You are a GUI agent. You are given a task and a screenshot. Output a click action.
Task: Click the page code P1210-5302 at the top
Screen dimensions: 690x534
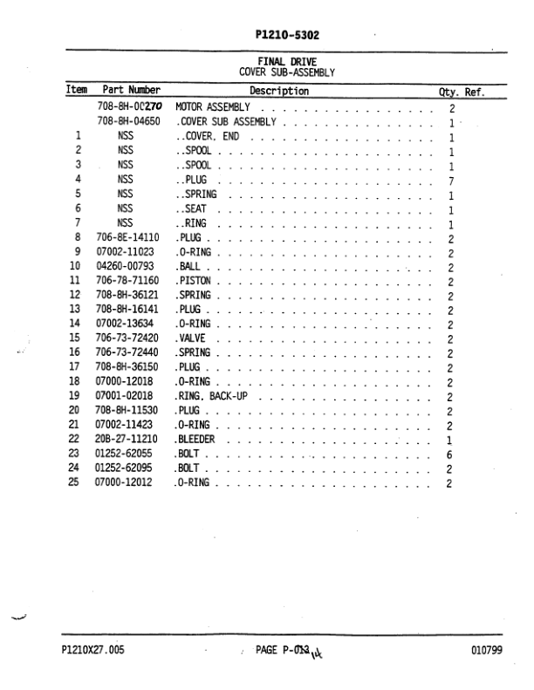287,35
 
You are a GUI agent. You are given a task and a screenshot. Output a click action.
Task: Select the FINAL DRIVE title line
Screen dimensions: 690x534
287,62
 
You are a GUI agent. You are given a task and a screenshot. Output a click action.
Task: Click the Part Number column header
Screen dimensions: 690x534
132,90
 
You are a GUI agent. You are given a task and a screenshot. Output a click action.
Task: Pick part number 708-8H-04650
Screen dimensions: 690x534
128,122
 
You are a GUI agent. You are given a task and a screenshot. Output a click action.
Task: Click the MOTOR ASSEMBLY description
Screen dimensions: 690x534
214,108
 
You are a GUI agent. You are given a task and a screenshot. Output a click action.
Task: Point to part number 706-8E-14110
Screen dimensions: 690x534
128,237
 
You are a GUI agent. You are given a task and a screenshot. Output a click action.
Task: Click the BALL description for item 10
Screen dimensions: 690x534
190,266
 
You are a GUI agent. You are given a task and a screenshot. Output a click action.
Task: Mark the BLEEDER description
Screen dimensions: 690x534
198,440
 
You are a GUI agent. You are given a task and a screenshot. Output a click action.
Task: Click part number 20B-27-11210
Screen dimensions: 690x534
128,440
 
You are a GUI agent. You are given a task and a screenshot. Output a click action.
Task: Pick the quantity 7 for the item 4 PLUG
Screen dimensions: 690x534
451,180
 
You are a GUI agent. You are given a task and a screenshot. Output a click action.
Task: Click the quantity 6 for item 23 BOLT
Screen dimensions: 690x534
451,454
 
